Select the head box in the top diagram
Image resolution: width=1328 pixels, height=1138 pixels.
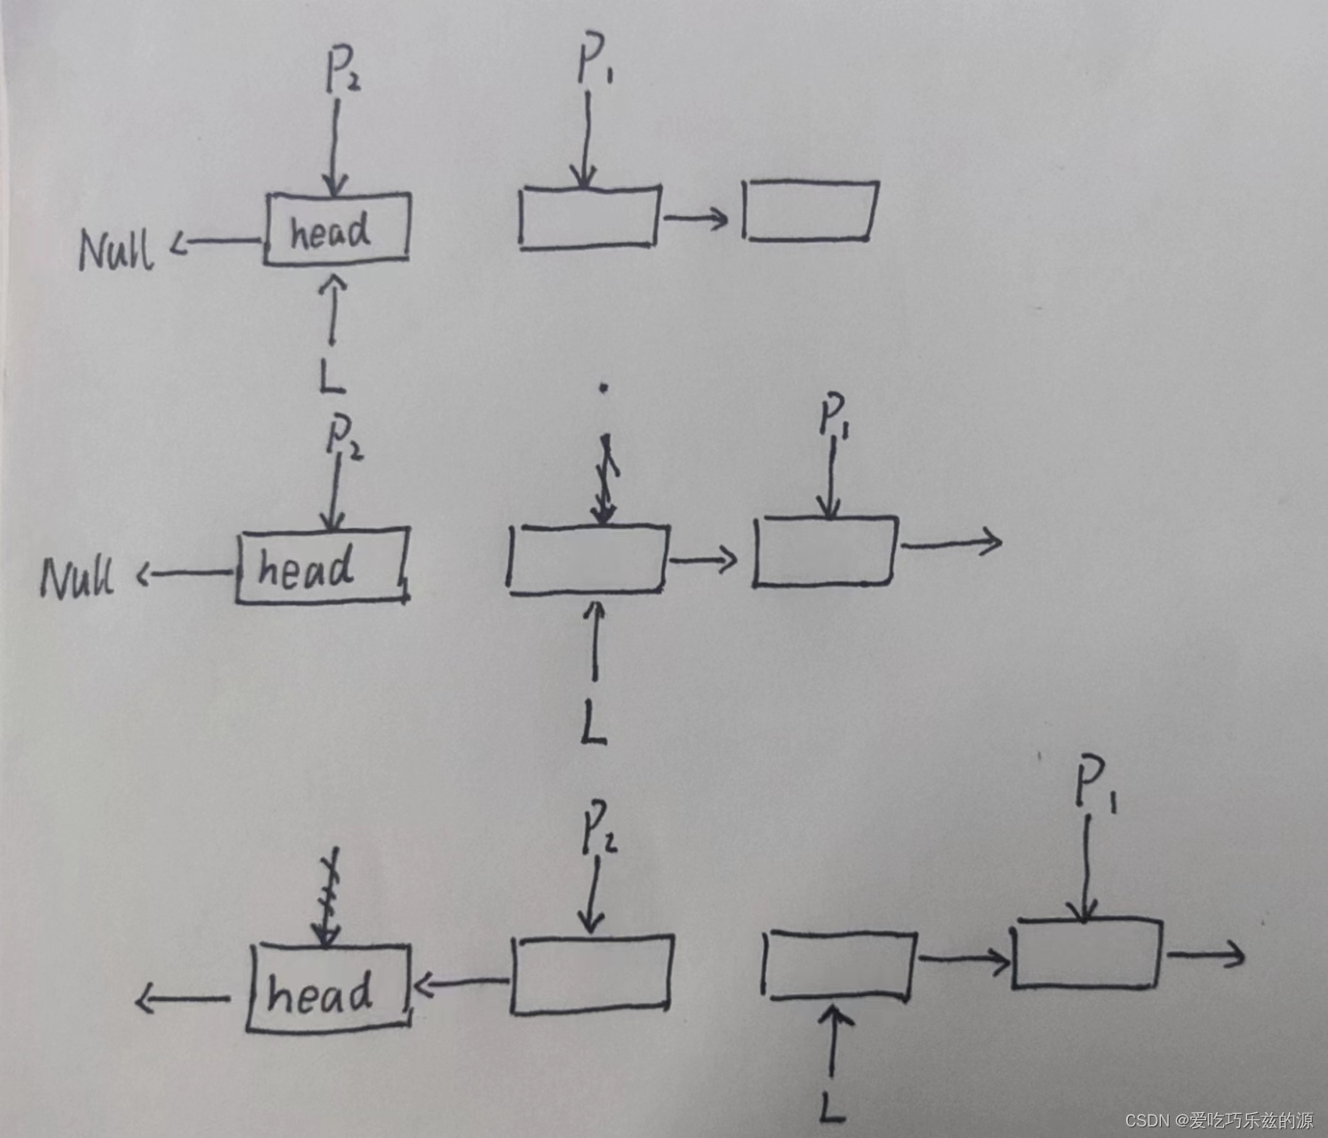coord(336,228)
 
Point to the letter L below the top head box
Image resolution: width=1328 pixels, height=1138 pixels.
coord(332,376)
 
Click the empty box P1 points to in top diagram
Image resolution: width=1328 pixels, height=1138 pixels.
coord(588,217)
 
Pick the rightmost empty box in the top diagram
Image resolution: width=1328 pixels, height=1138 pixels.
coord(810,211)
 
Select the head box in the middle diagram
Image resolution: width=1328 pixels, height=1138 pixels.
coord(322,566)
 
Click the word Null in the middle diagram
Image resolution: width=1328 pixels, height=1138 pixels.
coord(77,578)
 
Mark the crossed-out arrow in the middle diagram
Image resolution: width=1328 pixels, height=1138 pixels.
coord(604,480)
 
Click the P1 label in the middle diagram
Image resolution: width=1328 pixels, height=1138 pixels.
coord(834,417)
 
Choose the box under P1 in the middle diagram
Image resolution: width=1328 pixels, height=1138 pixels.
coord(825,551)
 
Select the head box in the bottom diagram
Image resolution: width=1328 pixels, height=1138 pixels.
coord(328,988)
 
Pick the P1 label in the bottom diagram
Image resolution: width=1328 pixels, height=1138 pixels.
coord(1094,784)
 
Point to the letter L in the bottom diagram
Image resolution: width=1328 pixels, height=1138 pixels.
coord(832,1107)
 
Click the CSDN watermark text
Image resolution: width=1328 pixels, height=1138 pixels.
coord(1219,1120)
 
